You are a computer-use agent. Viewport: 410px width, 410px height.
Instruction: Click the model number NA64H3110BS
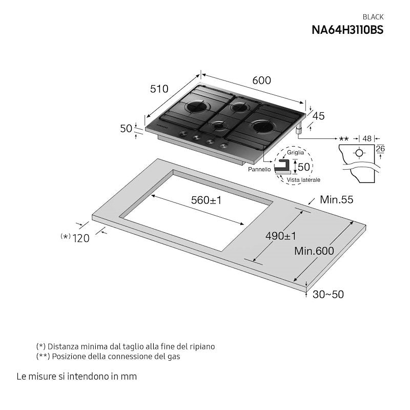[347, 29]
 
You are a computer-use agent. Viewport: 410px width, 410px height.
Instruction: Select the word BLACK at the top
[373, 17]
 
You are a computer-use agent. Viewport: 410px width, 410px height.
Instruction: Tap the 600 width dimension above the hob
[261, 80]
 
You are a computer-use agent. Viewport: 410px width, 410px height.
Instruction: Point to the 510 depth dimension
[159, 89]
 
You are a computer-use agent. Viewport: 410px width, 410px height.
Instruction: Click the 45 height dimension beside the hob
[318, 116]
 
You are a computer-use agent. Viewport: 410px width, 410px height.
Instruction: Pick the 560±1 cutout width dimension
[206, 200]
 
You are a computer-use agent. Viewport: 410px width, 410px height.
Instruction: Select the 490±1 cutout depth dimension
[281, 236]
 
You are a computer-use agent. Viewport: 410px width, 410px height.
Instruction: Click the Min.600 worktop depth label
[314, 251]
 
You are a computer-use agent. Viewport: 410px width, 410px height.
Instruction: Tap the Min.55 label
[336, 200]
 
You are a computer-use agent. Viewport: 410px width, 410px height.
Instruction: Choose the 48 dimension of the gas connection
[366, 138]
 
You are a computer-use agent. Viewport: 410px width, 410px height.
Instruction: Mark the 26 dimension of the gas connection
[380, 149]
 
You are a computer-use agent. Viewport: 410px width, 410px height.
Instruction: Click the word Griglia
[296, 152]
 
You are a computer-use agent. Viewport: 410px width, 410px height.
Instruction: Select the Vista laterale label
[303, 180]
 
